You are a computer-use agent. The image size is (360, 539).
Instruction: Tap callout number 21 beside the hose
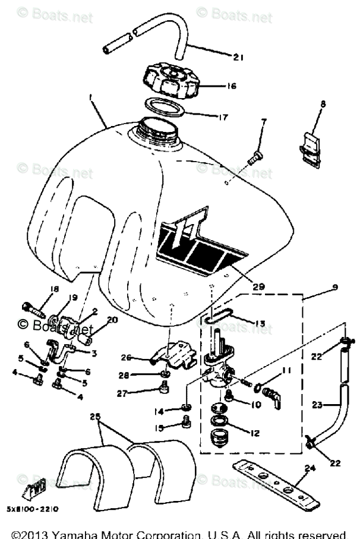(x=239, y=57)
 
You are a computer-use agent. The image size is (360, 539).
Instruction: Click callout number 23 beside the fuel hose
(x=317, y=405)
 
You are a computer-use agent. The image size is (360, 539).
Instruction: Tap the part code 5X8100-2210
(x=33, y=509)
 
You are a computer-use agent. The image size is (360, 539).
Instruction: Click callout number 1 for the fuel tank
(x=90, y=96)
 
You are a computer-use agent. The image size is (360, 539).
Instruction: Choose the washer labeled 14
(x=185, y=408)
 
